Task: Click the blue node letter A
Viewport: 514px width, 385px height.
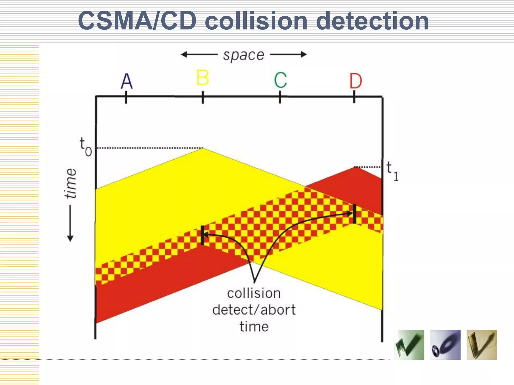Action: click(x=126, y=81)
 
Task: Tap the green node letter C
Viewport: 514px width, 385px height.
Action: click(x=280, y=80)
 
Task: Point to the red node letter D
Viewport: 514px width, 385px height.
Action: click(x=356, y=81)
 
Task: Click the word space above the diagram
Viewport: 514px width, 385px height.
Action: click(x=244, y=55)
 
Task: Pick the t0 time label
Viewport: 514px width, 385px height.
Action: click(x=86, y=147)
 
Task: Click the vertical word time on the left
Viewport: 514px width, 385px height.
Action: click(x=71, y=183)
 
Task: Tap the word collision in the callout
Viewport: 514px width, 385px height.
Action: click(x=254, y=293)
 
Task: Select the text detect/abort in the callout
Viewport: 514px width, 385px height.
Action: click(x=254, y=310)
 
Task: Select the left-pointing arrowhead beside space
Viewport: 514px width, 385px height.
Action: click(x=184, y=54)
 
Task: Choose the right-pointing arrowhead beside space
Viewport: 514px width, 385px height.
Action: click(x=304, y=54)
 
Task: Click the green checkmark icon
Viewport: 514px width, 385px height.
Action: click(x=409, y=345)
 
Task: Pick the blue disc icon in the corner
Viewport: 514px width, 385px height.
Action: click(x=445, y=345)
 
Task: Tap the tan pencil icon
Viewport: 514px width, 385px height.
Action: click(x=482, y=345)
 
